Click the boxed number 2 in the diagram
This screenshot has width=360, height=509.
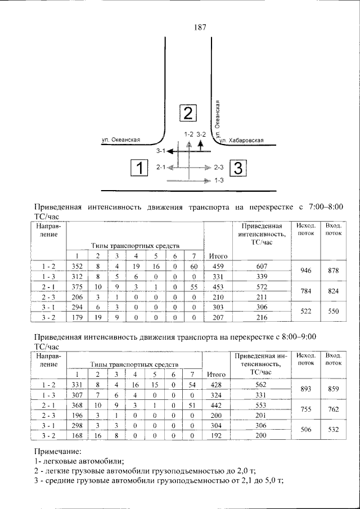(188, 114)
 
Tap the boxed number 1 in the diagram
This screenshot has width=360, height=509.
(139, 168)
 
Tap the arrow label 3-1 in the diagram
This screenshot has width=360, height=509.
(160, 151)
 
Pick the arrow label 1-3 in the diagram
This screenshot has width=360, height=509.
(219, 181)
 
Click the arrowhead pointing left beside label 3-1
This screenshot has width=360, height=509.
(170, 151)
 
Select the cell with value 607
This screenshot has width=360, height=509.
(262, 266)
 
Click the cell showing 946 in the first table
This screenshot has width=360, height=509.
(305, 271)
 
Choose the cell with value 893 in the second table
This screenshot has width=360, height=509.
(305, 389)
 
